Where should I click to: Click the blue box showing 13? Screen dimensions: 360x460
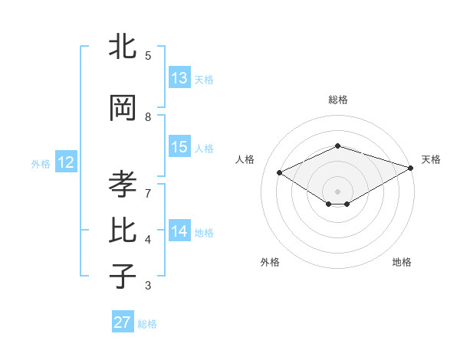tap(179, 78)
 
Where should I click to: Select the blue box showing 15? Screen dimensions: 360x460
tap(179, 148)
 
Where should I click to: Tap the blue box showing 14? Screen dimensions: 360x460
tap(179, 231)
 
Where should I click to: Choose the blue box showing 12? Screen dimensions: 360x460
tap(66, 162)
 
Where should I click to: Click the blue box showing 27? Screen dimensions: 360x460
tap(123, 322)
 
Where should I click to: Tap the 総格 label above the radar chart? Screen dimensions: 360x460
tap(337, 100)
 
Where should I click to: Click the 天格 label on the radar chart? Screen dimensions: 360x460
tap(431, 159)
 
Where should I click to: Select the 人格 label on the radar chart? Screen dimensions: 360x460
tap(245, 159)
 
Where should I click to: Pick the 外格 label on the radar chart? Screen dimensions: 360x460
tap(270, 262)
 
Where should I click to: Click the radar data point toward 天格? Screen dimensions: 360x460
tap(412, 167)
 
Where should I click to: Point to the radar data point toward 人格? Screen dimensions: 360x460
tap(280, 172)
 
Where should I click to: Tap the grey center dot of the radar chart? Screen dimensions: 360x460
tap(337, 190)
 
